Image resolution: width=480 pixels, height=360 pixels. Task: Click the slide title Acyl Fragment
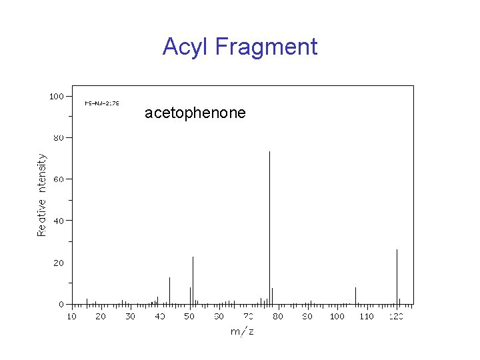tap(240, 47)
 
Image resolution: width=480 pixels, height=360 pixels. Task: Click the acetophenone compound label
tap(195, 113)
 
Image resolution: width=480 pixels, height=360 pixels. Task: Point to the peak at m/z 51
tap(193, 280)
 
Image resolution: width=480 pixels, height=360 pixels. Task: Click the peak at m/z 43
tap(169, 291)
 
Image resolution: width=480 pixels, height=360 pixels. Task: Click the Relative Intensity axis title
tap(42, 195)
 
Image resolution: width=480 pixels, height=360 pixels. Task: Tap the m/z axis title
tap(242, 331)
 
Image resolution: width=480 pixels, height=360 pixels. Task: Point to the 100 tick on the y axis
tap(57, 96)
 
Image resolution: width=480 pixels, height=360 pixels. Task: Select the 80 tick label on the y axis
tap(59, 137)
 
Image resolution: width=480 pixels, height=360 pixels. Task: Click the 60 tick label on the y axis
tap(59, 179)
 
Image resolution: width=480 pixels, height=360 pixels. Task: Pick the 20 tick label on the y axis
tap(59, 263)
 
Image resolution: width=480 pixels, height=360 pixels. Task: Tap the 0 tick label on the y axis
tap(61, 304)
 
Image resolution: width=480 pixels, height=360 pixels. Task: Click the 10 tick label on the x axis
tap(71, 316)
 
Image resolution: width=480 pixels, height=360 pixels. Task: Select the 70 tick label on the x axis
tap(249, 316)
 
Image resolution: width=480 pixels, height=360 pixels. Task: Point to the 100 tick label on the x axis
tap(337, 316)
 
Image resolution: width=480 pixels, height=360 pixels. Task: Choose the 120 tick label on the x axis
tap(396, 316)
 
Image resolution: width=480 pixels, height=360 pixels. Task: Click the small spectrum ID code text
tap(101, 103)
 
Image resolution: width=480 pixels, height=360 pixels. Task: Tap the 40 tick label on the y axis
tap(59, 221)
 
